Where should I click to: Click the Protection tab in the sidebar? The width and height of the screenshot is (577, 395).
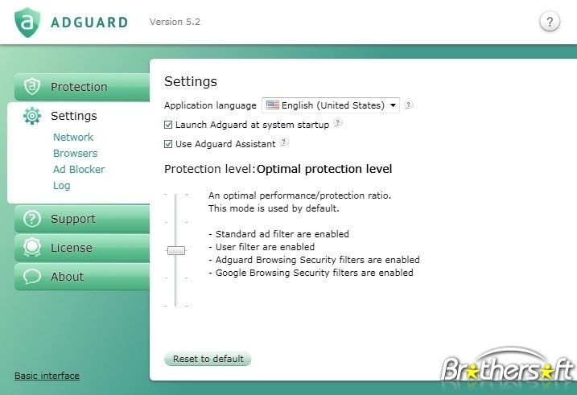[82, 87]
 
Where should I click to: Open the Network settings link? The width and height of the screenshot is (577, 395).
[73, 138]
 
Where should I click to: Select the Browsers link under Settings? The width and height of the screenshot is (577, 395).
[75, 154]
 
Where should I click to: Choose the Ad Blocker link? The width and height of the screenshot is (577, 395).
[79, 170]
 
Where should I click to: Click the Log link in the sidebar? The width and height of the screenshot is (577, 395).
[61, 186]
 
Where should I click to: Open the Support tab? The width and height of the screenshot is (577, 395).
[82, 219]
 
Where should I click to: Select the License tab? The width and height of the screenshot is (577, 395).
[82, 248]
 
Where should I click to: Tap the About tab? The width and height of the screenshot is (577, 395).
[82, 277]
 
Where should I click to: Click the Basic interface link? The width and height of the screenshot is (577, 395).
[47, 376]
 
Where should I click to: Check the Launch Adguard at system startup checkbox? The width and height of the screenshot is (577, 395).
[168, 125]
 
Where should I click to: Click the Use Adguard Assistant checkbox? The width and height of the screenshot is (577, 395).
[168, 144]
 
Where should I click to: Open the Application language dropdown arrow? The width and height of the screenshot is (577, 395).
[393, 105]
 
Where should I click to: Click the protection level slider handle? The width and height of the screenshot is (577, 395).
[176, 250]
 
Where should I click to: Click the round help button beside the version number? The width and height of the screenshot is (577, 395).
[550, 22]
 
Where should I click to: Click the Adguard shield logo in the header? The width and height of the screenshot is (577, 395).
[27, 22]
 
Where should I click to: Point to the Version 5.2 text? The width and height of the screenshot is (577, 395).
[175, 22]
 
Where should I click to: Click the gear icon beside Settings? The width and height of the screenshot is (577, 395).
[32, 116]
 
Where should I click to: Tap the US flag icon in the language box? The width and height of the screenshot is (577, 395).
[272, 105]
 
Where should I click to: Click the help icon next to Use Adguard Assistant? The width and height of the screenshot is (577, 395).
[284, 142]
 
